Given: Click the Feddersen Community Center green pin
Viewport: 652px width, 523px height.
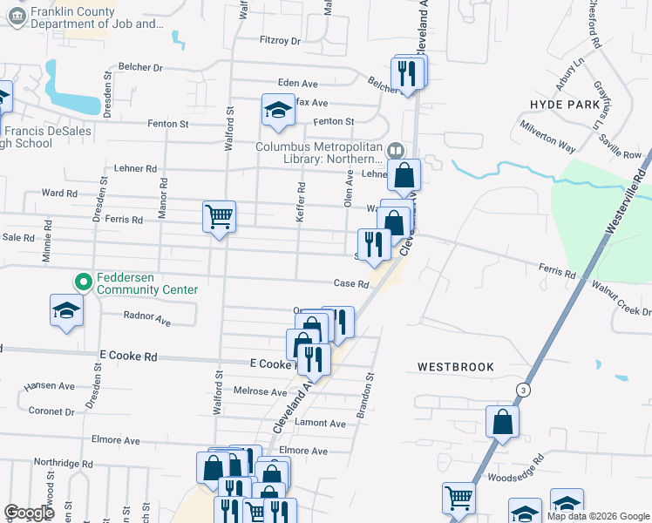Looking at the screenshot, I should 84,282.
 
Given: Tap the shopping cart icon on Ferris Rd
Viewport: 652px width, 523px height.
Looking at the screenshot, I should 219,215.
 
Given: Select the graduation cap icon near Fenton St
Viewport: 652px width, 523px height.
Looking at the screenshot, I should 278,109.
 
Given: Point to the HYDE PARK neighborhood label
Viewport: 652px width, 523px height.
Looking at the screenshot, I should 565,104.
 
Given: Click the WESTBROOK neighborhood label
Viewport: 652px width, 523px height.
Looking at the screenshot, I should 455,367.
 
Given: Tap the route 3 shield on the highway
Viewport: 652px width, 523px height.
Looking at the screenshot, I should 522,388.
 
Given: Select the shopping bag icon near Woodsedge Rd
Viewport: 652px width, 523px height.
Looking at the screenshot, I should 503,422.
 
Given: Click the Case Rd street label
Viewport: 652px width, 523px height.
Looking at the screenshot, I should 352,284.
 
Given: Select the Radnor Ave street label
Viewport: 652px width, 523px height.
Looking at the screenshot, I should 147,319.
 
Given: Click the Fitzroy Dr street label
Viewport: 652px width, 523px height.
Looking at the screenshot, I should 280,41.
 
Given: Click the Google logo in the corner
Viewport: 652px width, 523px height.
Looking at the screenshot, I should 30,513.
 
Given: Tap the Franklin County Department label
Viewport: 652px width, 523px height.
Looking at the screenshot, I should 96,18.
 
